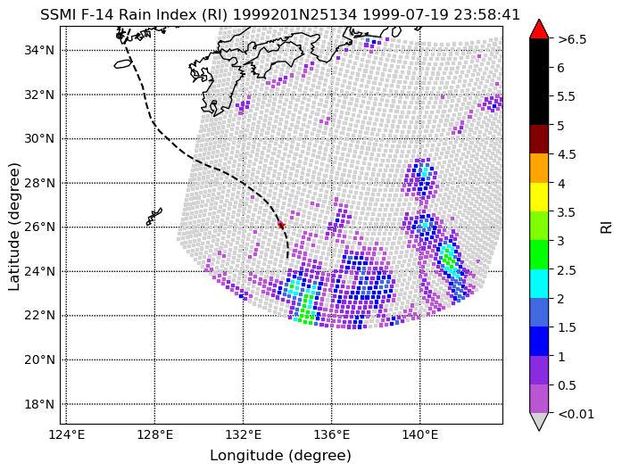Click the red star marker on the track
point(281,225)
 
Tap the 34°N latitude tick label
point(39,50)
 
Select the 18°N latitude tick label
point(39,404)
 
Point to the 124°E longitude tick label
point(66,435)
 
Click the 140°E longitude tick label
point(420,435)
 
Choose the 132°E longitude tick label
point(243,435)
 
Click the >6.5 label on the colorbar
point(572,39)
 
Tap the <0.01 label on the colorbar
point(576,414)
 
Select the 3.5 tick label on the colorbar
point(567,212)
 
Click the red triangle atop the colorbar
point(539,29)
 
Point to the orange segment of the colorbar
point(539,168)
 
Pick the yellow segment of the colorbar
point(539,197)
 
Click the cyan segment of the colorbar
point(539,284)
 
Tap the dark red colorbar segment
point(539,139)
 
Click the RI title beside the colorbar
point(607,227)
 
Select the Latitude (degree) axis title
point(13,227)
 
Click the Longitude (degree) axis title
point(281,456)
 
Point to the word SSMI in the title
point(56,14)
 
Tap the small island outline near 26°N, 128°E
point(153,217)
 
